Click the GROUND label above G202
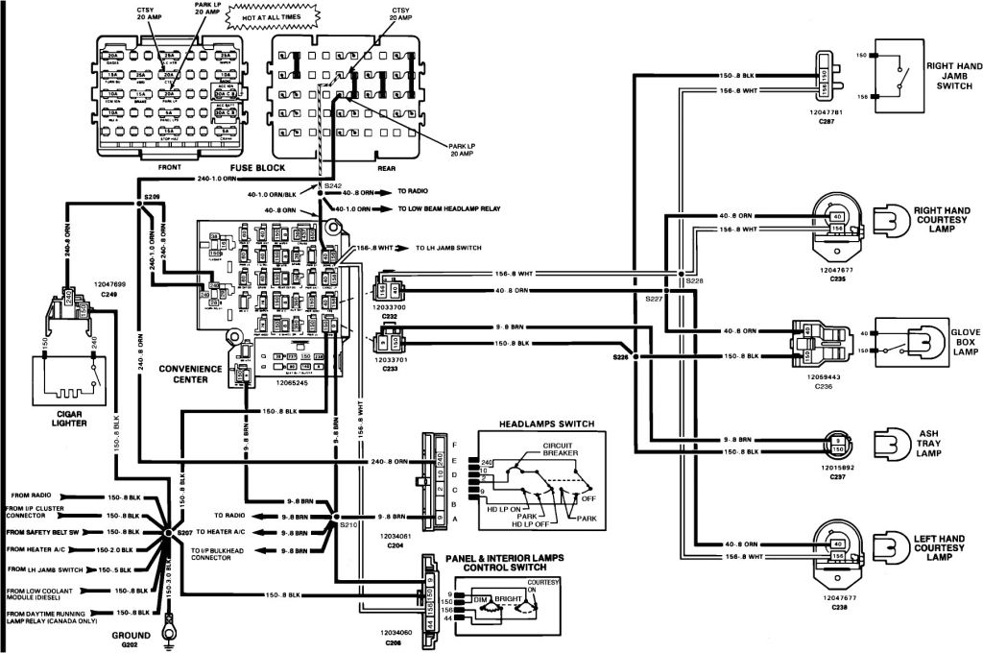[x=130, y=636]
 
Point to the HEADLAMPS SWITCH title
[x=546, y=423]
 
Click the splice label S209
[x=152, y=196]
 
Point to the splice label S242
[x=332, y=184]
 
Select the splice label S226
[x=621, y=357]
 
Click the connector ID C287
[x=826, y=123]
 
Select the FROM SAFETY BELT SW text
[x=47, y=531]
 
